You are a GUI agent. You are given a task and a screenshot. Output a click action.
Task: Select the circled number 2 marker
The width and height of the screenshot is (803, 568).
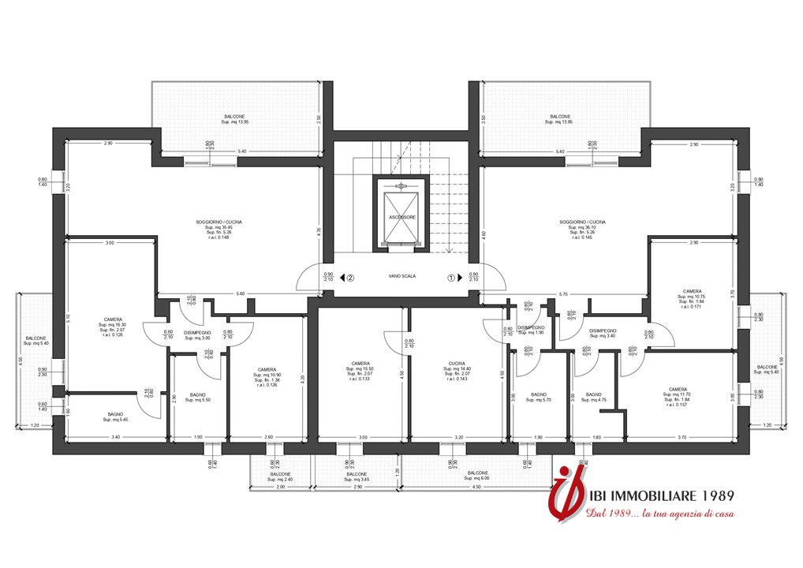point(350,278)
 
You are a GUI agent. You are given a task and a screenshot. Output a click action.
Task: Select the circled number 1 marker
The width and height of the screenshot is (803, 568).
point(452,278)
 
